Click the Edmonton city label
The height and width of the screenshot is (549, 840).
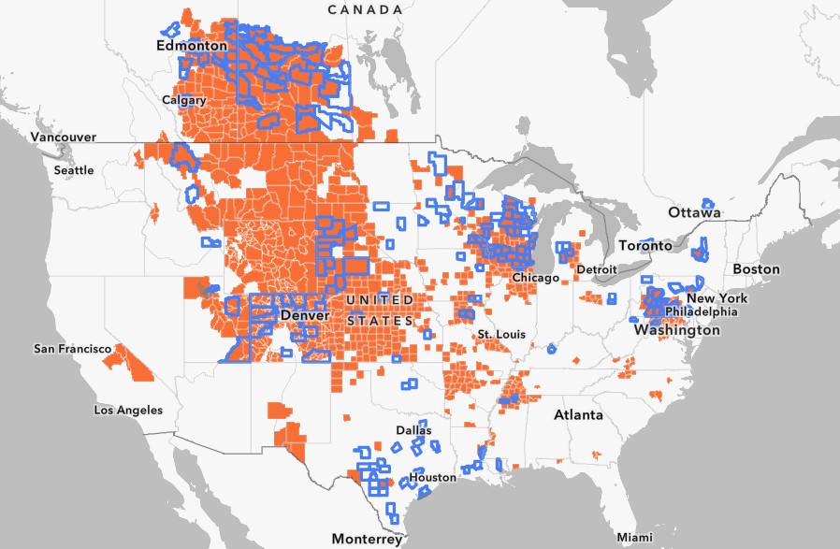(192, 45)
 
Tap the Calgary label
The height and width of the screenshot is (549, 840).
(184, 99)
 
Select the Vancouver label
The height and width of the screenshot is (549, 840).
(37, 137)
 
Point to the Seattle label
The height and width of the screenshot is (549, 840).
(74, 170)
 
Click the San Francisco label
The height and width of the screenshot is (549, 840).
(73, 349)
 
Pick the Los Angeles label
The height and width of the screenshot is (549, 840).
(128, 410)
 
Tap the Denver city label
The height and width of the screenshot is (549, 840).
(304, 316)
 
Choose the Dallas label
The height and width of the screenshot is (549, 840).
(413, 430)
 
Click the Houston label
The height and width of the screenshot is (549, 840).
(432, 477)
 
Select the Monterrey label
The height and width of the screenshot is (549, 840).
(367, 539)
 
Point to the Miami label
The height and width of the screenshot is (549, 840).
(635, 537)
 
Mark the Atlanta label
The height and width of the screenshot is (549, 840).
(577, 414)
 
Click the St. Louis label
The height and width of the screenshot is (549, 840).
(500, 334)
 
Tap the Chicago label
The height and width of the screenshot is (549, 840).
(535, 278)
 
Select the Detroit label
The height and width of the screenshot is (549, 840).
(597, 269)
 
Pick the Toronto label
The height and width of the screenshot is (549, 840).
(646, 245)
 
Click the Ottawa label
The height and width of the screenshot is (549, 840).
(694, 212)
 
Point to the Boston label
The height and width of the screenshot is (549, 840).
(756, 268)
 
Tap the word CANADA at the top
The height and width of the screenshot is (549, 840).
(365, 8)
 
